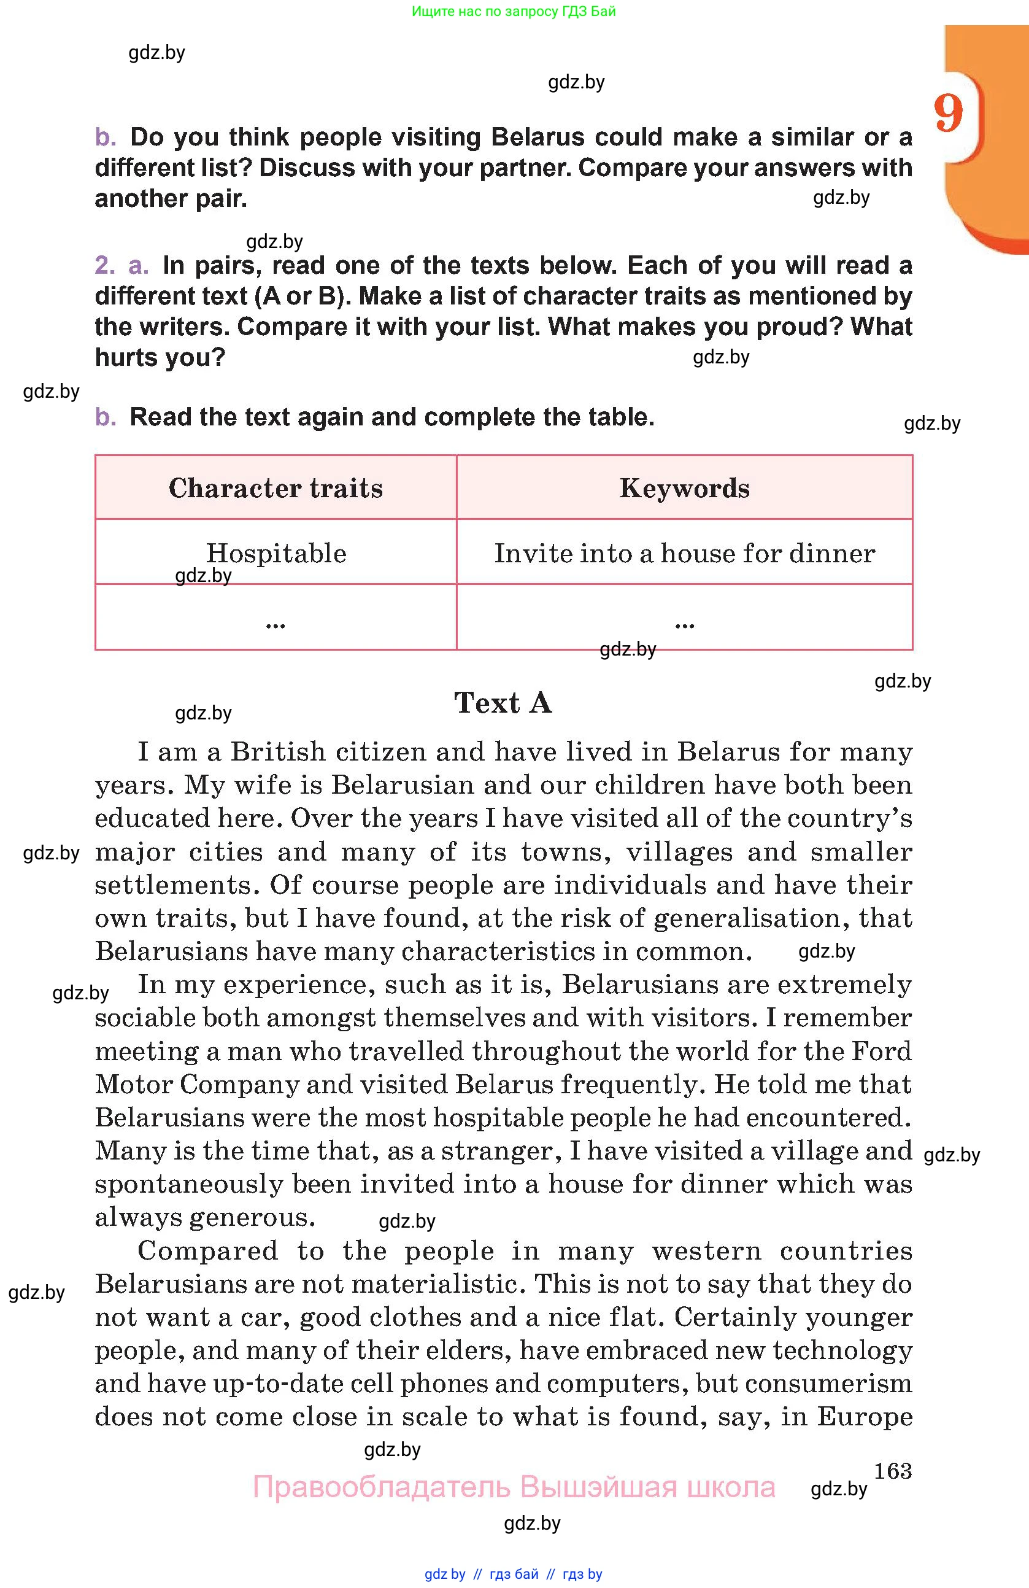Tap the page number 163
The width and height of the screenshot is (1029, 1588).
[892, 1470]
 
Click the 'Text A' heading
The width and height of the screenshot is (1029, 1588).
[503, 703]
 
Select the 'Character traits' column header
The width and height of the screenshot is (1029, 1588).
[276, 488]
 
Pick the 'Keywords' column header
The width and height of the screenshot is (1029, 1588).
[684, 488]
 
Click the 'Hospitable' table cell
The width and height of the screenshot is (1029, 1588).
[276, 553]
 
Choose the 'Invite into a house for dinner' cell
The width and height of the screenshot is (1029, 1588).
[684, 553]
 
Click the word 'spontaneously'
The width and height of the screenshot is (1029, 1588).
[190, 1184]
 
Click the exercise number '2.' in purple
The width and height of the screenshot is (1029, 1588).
[105, 266]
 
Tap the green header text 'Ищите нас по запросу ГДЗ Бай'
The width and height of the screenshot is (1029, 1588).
[514, 11]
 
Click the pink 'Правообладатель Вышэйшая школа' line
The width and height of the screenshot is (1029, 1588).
[514, 1487]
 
